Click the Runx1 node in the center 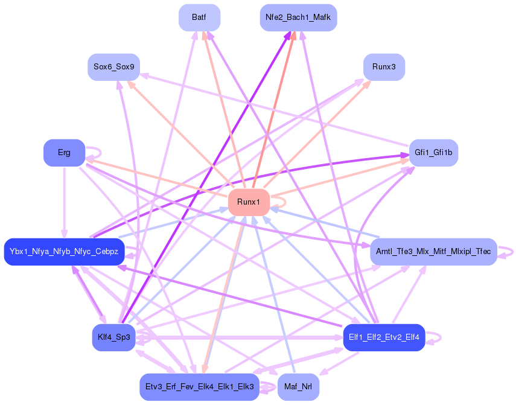click(x=249, y=202)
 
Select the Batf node click(x=199, y=18)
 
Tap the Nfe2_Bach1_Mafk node click(x=298, y=18)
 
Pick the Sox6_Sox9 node click(x=113, y=66)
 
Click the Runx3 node click(x=384, y=66)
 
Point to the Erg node click(x=64, y=153)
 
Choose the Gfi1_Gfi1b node click(x=433, y=153)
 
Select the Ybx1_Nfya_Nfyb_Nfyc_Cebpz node click(x=64, y=251)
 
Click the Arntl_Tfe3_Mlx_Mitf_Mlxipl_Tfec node click(x=433, y=251)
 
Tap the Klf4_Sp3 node click(x=113, y=337)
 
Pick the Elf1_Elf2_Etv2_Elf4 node click(x=384, y=337)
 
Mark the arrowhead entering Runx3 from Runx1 click(x=367, y=84)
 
